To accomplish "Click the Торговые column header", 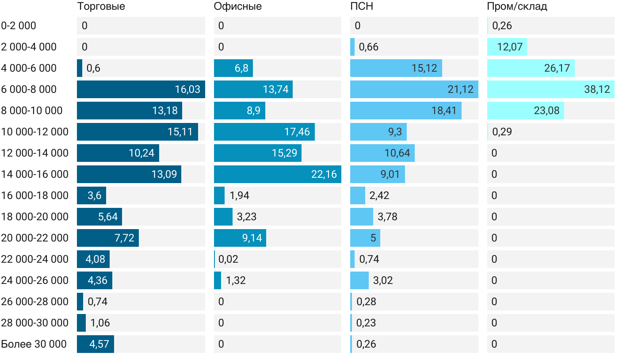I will (101, 7).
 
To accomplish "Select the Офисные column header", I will (237, 7).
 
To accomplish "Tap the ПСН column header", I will (359, 7).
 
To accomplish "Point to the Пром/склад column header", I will (517, 7).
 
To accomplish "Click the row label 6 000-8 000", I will (29, 89).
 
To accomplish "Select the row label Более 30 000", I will (34, 344).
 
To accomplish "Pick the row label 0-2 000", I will (19, 26).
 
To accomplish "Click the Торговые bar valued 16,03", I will (141, 89).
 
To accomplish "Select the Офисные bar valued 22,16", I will (277, 174).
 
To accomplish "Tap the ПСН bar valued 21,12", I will (414, 89).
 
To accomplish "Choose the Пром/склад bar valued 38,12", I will (550, 89).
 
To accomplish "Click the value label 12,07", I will (510, 47).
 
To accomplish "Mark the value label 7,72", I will (124, 238).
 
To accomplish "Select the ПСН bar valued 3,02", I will (359, 280).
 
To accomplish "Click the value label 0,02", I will (228, 259).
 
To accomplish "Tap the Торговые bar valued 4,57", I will (96, 344).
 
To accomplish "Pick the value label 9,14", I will (252, 238).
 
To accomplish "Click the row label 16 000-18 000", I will (35, 195).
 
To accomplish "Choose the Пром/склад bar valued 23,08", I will (525, 111).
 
